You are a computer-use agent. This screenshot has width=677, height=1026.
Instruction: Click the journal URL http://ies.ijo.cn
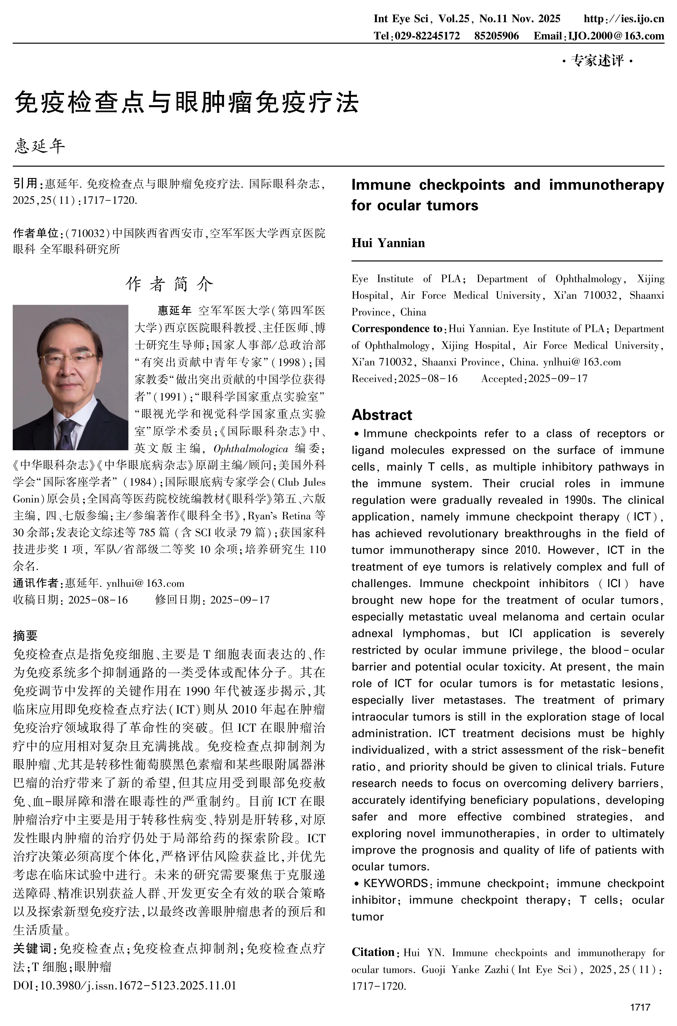pos(623,18)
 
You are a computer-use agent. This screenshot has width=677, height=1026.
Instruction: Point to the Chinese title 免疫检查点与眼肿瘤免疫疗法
pos(186,102)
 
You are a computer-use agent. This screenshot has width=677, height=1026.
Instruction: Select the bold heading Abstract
pos(382,415)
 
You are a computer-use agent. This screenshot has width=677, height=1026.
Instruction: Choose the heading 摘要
pos(25,635)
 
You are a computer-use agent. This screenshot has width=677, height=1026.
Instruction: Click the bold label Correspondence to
pos(397,329)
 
